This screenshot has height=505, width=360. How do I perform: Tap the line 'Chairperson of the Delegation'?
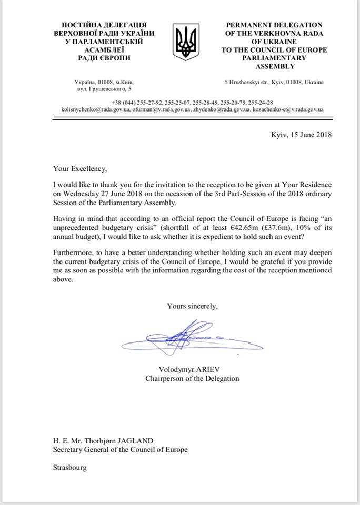[192, 378]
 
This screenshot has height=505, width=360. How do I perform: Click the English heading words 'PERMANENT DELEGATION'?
[274, 25]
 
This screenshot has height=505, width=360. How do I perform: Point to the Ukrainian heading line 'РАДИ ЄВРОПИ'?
[104, 58]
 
